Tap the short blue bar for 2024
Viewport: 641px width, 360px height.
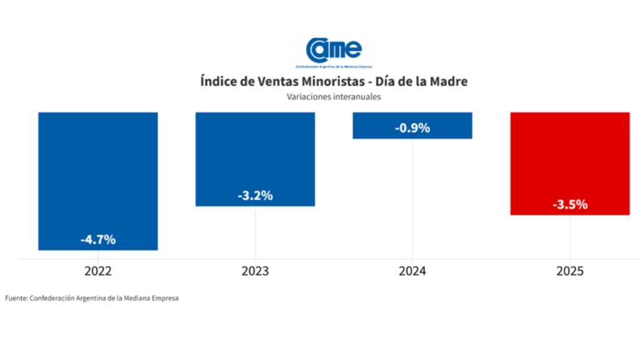pos(413,120)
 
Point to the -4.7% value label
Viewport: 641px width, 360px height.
pos(98,239)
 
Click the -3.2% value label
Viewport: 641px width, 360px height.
pos(255,195)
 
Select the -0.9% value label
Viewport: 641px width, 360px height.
pos(413,128)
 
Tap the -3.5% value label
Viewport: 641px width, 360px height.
pos(570,204)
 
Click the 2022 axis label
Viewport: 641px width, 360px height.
pos(98,272)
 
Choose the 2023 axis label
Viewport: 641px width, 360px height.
pos(255,272)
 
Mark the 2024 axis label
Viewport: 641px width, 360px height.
pos(413,272)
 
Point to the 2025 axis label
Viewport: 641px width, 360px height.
pos(570,272)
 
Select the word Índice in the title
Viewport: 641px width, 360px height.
pos(218,82)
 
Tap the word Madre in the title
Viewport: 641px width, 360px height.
pos(448,82)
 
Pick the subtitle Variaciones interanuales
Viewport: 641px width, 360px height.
pos(334,97)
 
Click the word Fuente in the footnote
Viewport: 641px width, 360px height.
pos(16,299)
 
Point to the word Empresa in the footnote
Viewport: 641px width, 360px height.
pos(165,299)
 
